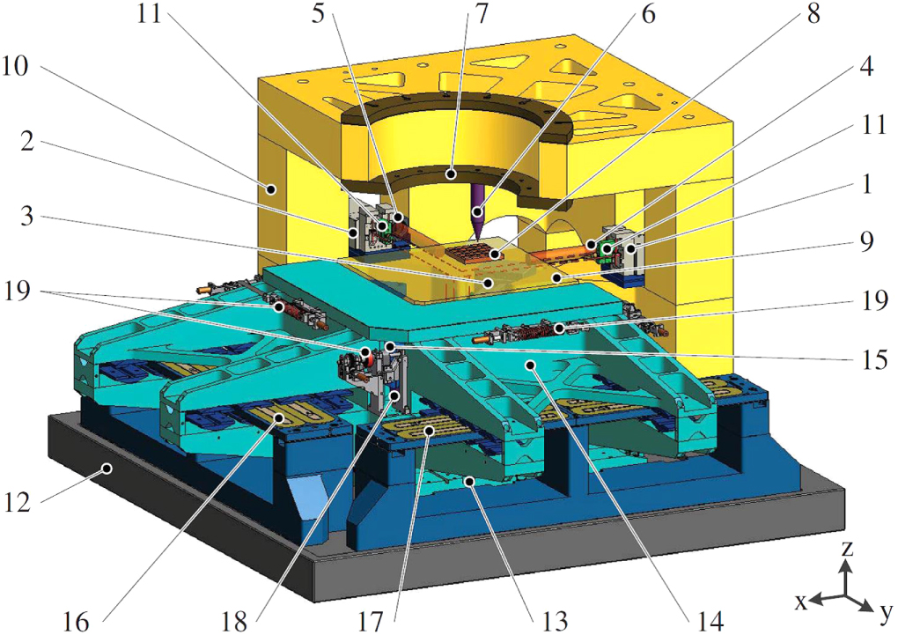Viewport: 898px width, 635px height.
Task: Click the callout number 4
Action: (866, 66)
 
